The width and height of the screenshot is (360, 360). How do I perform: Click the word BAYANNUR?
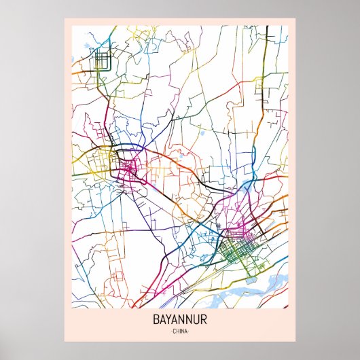(180, 319)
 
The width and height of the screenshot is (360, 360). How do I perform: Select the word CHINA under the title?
(180, 331)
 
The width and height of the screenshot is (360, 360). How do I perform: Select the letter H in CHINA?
(177, 331)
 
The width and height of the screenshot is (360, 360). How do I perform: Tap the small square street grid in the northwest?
(103, 61)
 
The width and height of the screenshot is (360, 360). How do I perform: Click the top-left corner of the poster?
(65, 19)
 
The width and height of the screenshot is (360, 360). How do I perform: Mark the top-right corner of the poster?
(295, 19)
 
